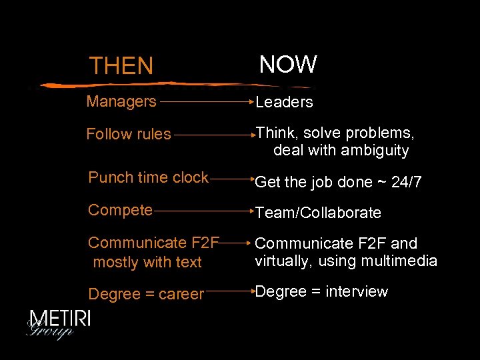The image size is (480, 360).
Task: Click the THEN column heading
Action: [121, 66]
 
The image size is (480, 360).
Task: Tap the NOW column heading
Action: [288, 65]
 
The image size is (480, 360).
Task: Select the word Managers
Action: [121, 101]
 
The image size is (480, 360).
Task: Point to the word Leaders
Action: [285, 102]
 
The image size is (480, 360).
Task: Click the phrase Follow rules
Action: [129, 134]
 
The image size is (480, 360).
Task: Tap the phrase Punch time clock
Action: [149, 177]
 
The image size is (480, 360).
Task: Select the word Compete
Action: [121, 210]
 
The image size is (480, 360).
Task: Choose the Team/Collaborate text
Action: [319, 213]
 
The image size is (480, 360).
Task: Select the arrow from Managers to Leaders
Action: [206, 103]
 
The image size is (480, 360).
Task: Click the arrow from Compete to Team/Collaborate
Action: [203, 211]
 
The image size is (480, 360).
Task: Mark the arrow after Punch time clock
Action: [231, 179]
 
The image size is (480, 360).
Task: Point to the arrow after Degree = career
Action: [230, 291]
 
